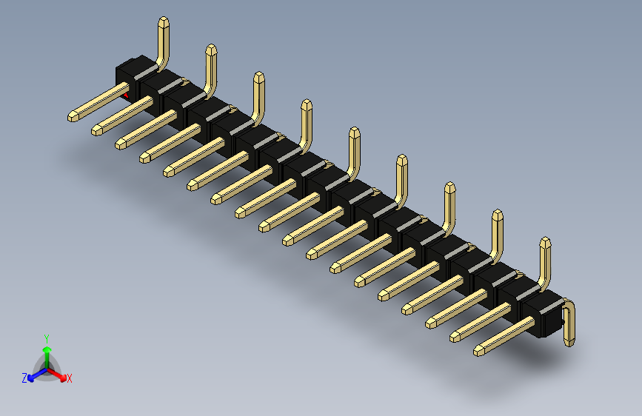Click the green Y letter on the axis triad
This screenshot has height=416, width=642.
tap(46, 338)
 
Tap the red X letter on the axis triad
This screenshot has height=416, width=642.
tap(70, 378)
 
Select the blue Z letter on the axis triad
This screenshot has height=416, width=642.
tap(24, 378)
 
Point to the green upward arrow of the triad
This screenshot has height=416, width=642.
tap(46, 352)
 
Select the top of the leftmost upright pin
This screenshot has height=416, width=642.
tap(164, 22)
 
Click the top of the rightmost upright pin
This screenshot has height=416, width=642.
tap(546, 243)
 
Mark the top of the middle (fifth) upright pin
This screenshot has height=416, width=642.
tap(354, 133)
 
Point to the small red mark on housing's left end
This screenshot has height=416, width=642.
tap(125, 94)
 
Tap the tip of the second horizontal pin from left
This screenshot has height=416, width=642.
tap(97, 130)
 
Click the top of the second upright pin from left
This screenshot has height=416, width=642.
tap(211, 50)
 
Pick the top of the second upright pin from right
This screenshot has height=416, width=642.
tap(497, 215)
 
